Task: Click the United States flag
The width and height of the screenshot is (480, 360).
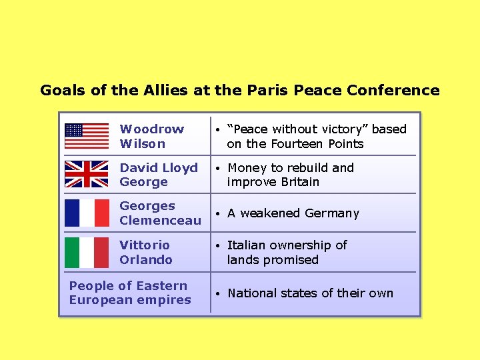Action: pos(86,136)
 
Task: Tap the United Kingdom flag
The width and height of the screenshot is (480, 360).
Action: pos(86,174)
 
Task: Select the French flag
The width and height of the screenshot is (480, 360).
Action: pos(87,213)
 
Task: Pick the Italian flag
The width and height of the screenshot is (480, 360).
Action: pos(87,252)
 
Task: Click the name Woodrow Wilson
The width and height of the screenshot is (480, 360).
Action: pos(151,136)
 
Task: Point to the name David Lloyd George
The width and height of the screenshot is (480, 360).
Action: pos(159,175)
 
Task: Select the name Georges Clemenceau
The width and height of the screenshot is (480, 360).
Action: pos(160,213)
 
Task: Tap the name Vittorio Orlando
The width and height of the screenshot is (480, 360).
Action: pos(146,252)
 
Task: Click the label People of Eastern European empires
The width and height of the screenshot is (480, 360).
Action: pos(130,293)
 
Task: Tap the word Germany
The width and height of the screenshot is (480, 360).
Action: pos(331,213)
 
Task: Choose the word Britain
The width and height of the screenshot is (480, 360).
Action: pos(297,182)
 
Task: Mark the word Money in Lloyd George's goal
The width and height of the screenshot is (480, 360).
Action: pos(247,167)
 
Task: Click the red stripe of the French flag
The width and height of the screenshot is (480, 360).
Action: pos(101,213)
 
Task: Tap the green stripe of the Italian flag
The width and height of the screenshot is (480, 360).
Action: pos(72,252)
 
